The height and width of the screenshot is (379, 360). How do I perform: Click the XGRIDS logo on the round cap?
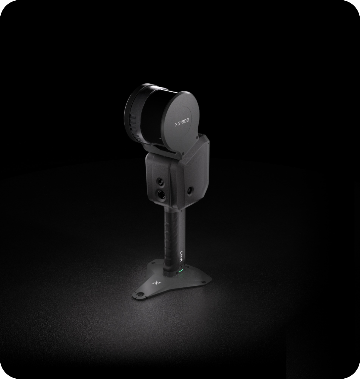coord(182,122)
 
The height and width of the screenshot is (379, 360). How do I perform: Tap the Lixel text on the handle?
coord(182,255)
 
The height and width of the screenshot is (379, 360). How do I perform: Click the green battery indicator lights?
coord(180,271)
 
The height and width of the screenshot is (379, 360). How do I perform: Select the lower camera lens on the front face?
coord(161,193)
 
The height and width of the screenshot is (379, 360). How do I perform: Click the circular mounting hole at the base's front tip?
coord(140,295)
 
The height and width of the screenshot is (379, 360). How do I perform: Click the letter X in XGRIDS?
coord(176,125)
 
